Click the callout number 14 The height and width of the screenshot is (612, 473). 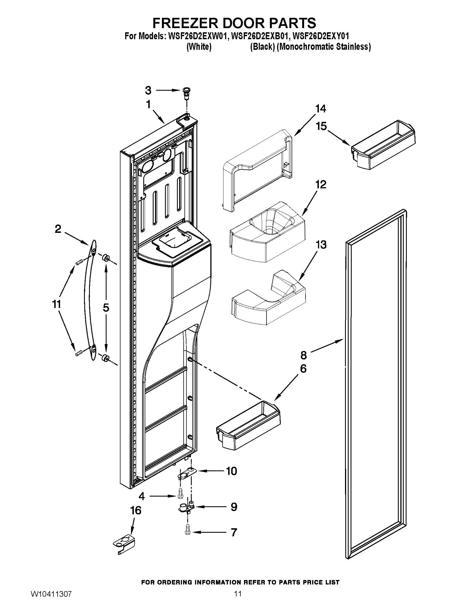tap(321, 109)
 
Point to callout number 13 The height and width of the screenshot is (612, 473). tap(321, 245)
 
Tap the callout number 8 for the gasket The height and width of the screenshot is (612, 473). tap(304, 355)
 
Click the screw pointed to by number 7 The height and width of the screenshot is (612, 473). tap(187, 532)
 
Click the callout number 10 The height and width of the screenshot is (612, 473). tap(231, 471)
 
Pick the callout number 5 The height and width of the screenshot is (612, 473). tap(106, 308)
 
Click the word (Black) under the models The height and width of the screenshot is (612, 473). tap(262, 46)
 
